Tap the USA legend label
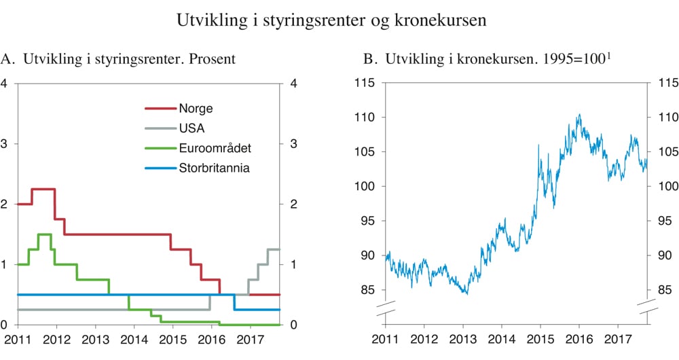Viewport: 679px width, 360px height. coord(191,128)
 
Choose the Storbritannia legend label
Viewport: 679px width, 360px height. coord(215,167)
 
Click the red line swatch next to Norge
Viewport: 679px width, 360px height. coord(160,108)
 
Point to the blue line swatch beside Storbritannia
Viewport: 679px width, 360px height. coord(160,167)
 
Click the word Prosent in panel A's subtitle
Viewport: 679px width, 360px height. coord(213,59)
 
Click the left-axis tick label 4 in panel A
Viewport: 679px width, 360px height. coord(5,84)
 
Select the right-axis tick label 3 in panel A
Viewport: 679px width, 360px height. coord(293,144)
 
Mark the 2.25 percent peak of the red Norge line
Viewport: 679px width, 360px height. coord(43,189)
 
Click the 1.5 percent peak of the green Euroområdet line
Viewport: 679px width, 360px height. coord(45,234)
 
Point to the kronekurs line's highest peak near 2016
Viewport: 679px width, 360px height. coord(579,115)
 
